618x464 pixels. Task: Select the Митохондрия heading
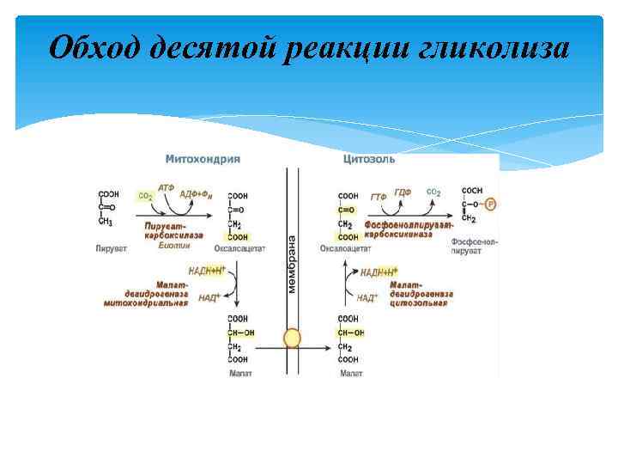(203, 159)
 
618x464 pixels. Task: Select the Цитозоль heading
(369, 159)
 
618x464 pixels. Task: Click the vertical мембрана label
(292, 263)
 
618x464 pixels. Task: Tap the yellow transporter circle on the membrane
(293, 337)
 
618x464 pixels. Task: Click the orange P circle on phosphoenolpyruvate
(490, 205)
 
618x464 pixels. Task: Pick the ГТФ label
(379, 197)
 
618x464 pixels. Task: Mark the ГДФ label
(403, 192)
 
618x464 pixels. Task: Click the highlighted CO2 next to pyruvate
(145, 196)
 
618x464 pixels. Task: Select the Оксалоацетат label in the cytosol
(345, 249)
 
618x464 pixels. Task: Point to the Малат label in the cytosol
(351, 374)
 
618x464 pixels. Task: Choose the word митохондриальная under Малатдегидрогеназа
(146, 302)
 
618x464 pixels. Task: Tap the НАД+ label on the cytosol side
(367, 298)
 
